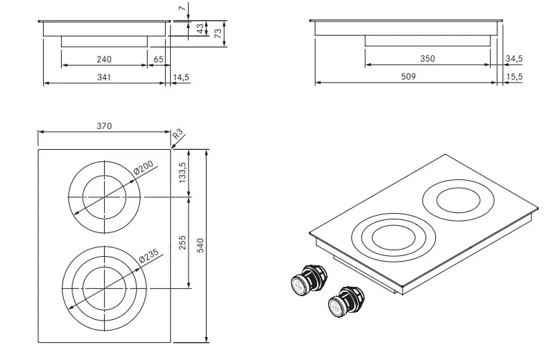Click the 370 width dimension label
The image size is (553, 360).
tap(104, 126)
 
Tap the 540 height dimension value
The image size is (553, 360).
tap(200, 245)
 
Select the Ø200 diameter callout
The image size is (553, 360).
tap(144, 168)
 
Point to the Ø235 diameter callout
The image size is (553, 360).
tap(149, 256)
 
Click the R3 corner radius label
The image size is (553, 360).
tap(178, 134)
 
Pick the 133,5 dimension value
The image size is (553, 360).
tap(182, 172)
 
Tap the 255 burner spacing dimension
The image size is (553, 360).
tap(182, 242)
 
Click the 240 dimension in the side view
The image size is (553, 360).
tap(104, 60)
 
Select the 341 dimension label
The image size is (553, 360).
tap(104, 77)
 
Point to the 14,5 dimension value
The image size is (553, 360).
tap(181, 77)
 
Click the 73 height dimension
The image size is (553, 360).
tap(218, 34)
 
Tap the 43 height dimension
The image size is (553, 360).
tap(200, 29)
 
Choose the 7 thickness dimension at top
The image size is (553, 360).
tap(182, 8)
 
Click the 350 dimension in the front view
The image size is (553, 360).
tap(427, 59)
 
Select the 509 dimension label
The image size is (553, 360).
tap(408, 77)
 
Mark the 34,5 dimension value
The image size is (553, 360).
tap(514, 59)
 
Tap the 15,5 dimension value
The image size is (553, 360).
tap(514, 77)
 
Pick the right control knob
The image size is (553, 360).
tap(346, 301)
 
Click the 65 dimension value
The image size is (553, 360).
tap(159, 60)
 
